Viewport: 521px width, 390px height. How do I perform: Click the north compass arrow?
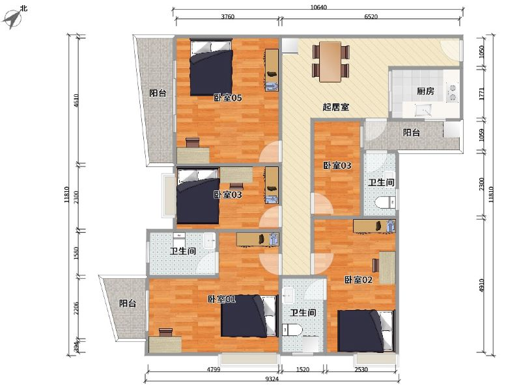(x=12, y=19)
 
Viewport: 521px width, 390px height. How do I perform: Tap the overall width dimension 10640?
(x=318, y=7)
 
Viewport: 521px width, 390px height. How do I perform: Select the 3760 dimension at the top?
(x=227, y=17)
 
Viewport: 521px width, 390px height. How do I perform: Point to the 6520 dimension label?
(x=371, y=17)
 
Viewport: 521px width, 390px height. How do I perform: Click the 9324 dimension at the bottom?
(x=272, y=379)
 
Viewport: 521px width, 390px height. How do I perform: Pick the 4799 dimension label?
(x=214, y=369)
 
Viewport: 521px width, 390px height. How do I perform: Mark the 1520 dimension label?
(x=302, y=369)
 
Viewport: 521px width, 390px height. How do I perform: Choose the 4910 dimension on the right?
(x=482, y=285)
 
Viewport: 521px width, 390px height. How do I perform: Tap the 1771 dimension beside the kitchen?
(x=482, y=94)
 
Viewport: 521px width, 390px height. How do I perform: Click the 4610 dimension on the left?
(x=76, y=101)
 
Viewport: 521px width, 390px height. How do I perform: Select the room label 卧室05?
(x=227, y=97)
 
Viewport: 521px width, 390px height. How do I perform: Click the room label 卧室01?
(x=221, y=299)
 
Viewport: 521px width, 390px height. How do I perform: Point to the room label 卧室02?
(x=358, y=279)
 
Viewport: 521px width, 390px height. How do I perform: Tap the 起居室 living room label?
(x=335, y=107)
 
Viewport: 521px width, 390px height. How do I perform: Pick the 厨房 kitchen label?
(x=425, y=91)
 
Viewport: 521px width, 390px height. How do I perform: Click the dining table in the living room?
(x=330, y=62)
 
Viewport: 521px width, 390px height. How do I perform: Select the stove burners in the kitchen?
(x=452, y=92)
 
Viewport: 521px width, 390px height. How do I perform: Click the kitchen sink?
(x=423, y=109)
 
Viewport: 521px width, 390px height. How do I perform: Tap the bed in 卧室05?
(x=211, y=68)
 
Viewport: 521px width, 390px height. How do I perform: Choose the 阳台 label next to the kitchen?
(x=412, y=133)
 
